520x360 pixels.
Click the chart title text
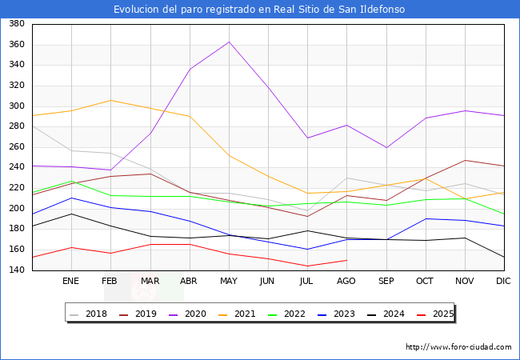coord(259,10)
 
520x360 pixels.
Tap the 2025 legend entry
coord(437,314)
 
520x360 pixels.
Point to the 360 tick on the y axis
coord(16,45)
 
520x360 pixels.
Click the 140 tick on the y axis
coord(16,270)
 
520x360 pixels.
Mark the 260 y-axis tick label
coord(16,147)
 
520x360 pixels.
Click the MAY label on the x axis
coord(229,281)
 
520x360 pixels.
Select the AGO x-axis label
coord(346,281)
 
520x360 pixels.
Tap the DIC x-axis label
coord(503,281)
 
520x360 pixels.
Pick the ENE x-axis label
coord(71,281)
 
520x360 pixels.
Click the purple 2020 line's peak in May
coord(229,42)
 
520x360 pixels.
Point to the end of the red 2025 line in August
coord(346,260)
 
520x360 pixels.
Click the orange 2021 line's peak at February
coord(110,100)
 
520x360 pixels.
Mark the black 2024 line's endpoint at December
coord(504,258)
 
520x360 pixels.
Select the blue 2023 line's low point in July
coord(307,249)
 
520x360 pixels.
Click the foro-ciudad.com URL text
coord(458,347)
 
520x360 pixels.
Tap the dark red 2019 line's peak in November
coord(465,160)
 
